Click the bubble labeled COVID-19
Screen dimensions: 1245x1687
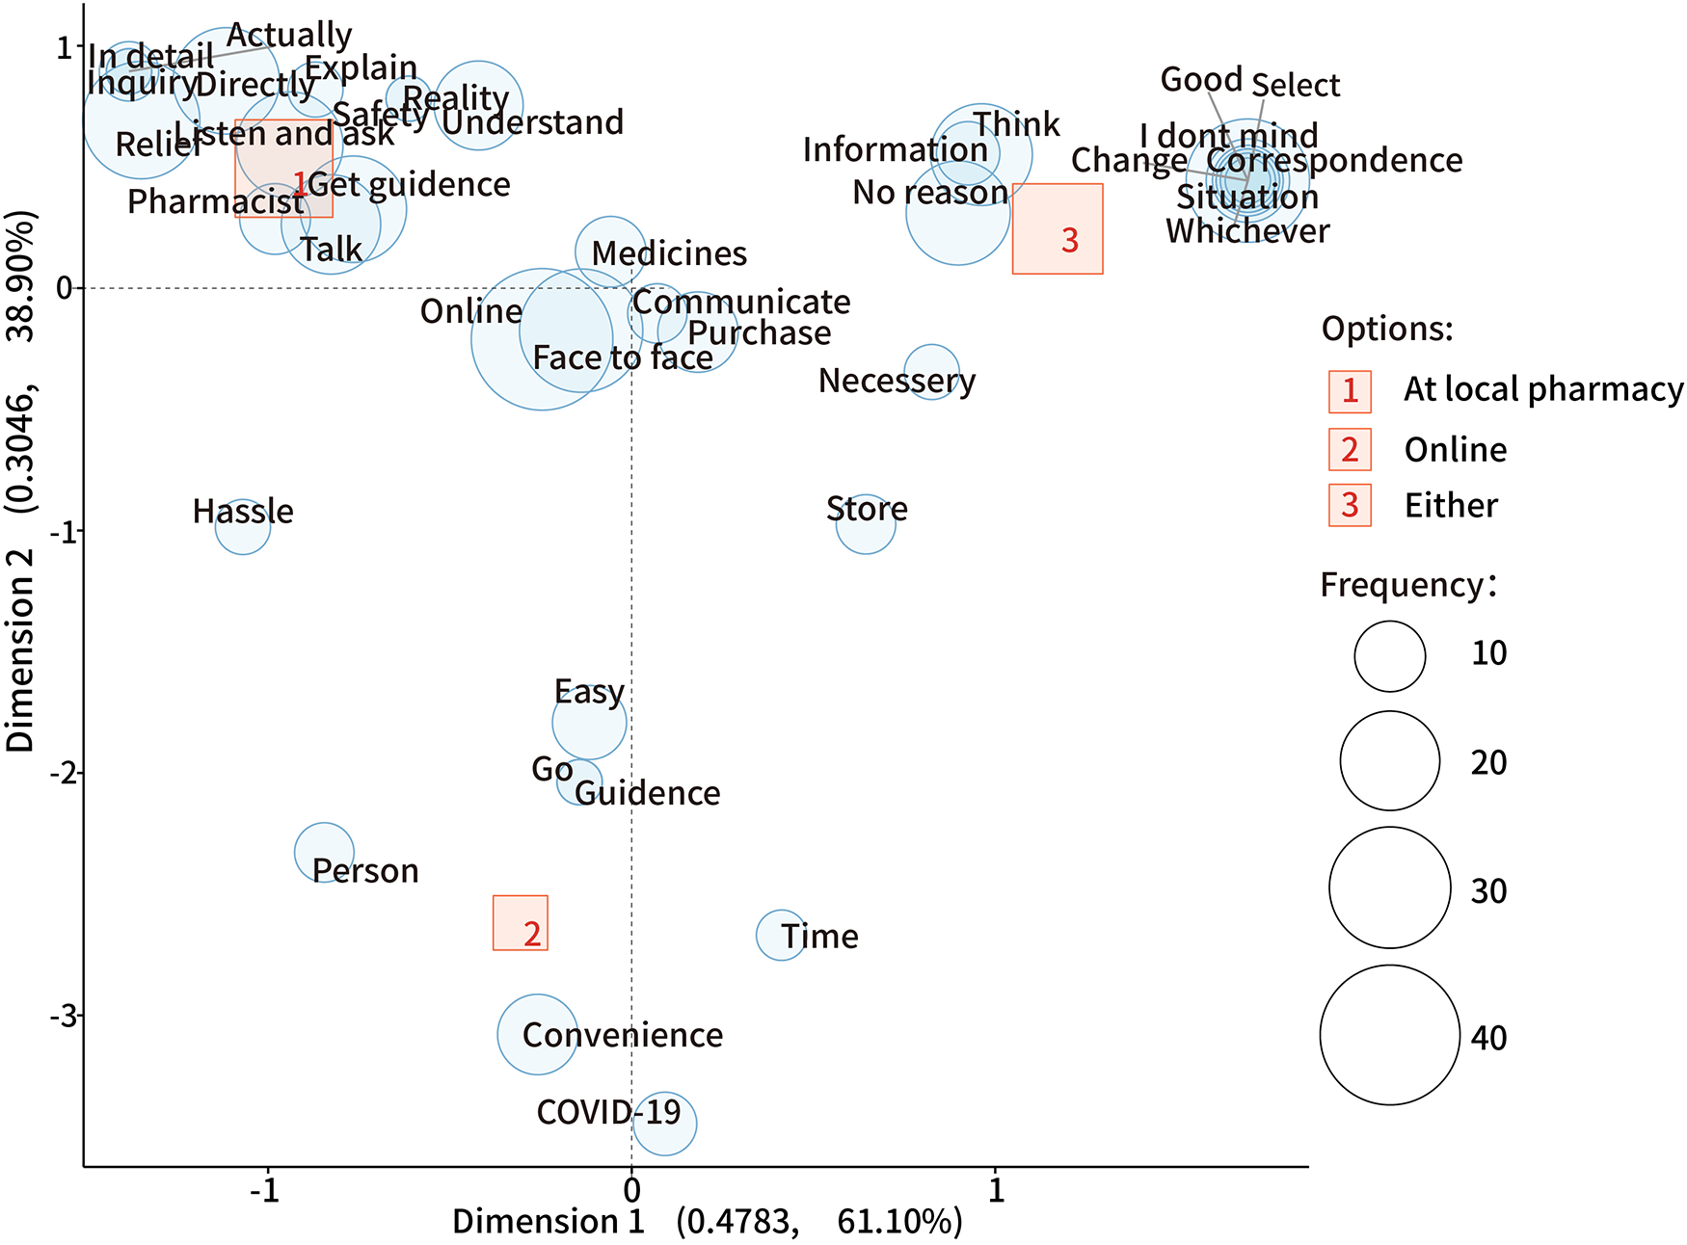point(664,1124)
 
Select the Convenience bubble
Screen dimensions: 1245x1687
point(538,1034)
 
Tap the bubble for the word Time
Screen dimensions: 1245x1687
point(781,935)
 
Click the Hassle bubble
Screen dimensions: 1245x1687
point(243,526)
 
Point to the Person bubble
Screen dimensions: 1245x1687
point(324,853)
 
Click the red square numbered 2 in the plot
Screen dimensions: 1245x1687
point(521,923)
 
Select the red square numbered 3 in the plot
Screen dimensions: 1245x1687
point(1058,229)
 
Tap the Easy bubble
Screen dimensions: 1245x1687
point(589,722)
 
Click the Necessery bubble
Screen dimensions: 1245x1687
point(931,372)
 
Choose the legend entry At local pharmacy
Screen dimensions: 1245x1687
point(1542,389)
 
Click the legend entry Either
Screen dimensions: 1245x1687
point(1450,506)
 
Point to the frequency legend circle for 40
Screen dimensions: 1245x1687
point(1389,1035)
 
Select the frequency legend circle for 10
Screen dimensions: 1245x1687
point(1389,656)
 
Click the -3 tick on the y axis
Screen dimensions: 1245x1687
point(64,1016)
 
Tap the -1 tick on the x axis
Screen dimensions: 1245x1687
point(265,1191)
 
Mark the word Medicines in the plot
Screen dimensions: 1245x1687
point(669,253)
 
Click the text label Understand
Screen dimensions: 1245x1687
point(532,122)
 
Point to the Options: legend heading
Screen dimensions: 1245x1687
point(1386,329)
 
